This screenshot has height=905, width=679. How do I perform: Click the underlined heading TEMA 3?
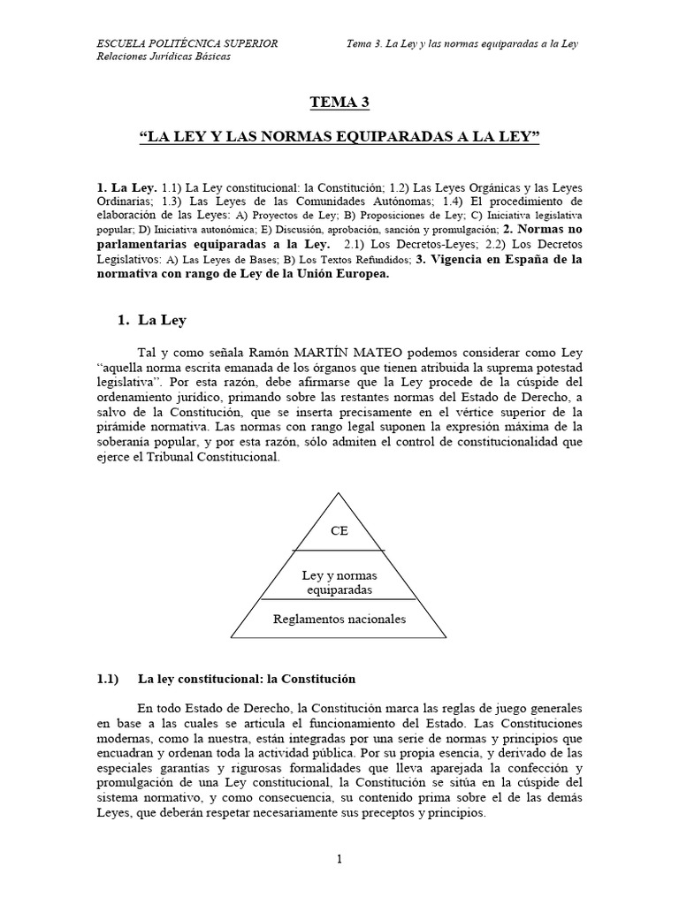[339, 103]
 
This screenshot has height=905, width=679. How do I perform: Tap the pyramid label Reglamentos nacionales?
[339, 619]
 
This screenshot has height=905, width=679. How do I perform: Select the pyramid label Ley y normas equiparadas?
[339, 582]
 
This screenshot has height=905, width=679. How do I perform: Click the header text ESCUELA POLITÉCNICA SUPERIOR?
[187, 42]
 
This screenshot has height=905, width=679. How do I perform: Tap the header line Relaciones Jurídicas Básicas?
[163, 57]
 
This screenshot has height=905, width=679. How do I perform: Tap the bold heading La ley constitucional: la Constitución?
[246, 679]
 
